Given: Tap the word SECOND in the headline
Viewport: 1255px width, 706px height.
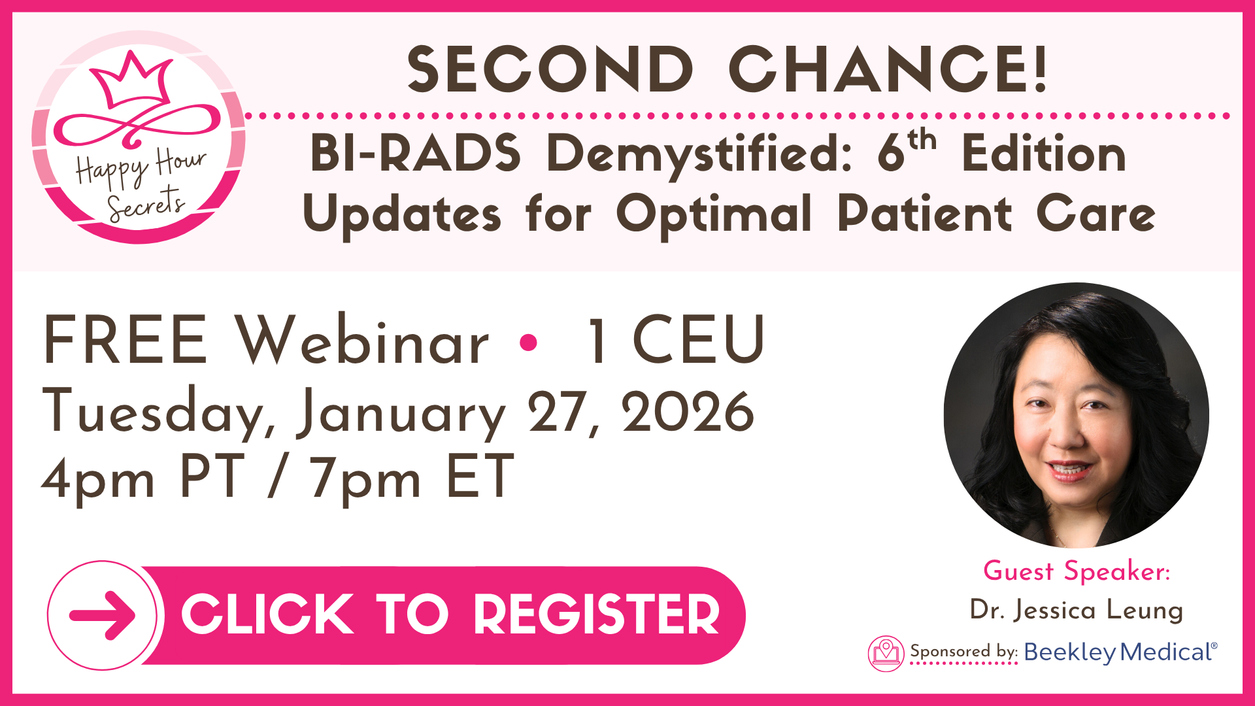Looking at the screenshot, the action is coord(550,69).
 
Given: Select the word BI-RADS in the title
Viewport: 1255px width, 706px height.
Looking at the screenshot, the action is coord(416,154).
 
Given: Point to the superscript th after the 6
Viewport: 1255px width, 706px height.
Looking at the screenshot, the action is coord(922,140).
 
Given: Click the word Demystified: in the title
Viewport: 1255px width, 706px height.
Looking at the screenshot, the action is coord(699,157).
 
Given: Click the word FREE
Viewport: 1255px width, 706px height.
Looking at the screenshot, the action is coord(125,340).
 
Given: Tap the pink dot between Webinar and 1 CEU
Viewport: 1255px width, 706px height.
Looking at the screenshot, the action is coord(528,342).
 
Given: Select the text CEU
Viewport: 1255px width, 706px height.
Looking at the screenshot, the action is coord(699,340).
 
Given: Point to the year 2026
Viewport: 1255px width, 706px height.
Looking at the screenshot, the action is coord(688,412).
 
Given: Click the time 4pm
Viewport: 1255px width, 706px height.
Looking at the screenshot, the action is coord(98,480).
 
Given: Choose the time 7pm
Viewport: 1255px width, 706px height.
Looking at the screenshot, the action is coord(365,480).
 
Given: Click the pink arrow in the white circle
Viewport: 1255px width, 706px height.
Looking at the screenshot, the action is coord(103,615).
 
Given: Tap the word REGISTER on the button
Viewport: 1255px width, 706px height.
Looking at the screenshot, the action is coord(596,614).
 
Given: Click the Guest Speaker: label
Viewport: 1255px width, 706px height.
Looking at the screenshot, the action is coord(1077,571).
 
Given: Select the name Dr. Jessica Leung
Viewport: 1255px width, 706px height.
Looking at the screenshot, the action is coord(1077,611).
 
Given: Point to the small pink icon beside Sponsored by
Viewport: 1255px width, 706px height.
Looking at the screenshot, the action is coord(886,653).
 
